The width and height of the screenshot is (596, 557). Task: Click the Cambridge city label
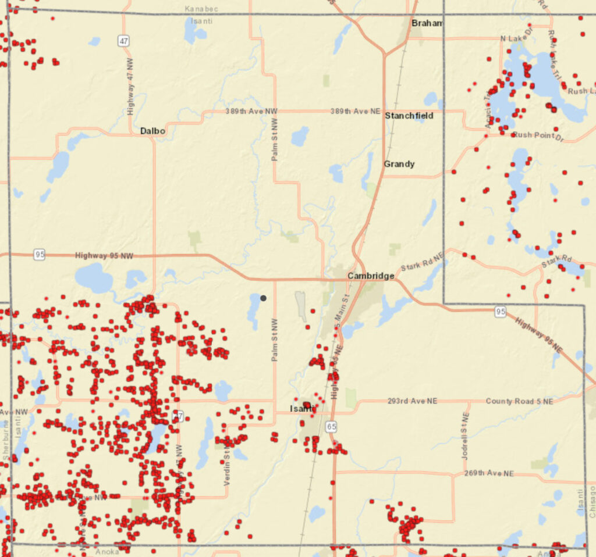coord(371,275)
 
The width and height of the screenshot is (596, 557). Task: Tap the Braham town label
coord(427,23)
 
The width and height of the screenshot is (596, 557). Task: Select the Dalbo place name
coord(152,131)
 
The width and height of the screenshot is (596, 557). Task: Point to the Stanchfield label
coord(409,116)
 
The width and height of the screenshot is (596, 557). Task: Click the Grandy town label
coord(399,164)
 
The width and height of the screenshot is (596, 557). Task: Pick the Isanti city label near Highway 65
coord(303,409)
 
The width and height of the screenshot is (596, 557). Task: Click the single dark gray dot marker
coord(263,298)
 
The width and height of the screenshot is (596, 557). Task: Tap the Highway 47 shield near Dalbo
coord(123,41)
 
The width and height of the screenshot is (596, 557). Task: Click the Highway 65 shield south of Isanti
coord(331,427)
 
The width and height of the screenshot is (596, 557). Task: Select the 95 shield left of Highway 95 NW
coord(39,255)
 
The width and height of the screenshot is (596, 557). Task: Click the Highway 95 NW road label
coord(100,255)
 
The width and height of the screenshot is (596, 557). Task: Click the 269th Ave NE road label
coord(489,473)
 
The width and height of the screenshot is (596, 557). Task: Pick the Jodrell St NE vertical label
coord(465,436)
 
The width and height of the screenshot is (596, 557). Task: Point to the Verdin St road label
coord(227,465)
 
